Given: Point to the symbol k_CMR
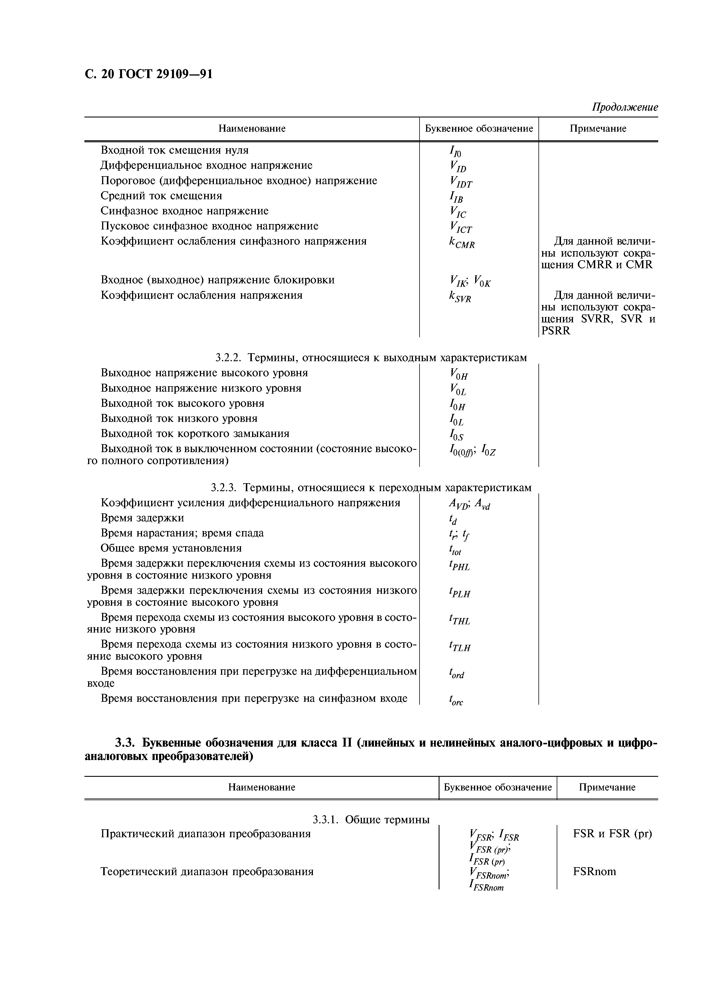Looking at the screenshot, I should tap(461, 243).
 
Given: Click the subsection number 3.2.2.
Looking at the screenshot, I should tap(230, 357).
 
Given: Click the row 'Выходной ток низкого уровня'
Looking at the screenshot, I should tap(179, 418).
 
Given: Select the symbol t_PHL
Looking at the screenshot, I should tap(459, 566).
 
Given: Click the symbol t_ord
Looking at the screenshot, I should tap(457, 674).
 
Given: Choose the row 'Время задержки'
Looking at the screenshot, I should tap(142, 518).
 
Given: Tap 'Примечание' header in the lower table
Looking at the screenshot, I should tap(607, 787).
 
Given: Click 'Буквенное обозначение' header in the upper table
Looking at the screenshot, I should tap(479, 129).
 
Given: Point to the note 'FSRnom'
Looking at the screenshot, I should tap(594, 871).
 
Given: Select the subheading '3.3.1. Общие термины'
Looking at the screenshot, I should tap(371, 820).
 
